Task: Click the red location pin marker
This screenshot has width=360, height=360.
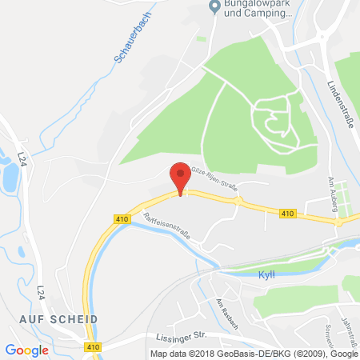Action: coord(180,177)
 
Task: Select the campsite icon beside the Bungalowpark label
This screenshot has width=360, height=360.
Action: coord(214,7)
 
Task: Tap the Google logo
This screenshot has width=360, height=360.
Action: coord(27,350)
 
